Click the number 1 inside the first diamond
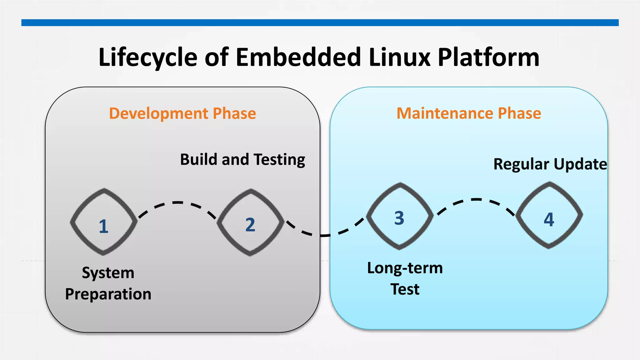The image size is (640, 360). coord(103,226)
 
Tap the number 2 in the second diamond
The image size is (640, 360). coord(250,225)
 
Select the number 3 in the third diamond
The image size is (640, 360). coord(399,218)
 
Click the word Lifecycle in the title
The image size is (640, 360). coord(148,57)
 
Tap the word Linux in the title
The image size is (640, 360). coord(399,57)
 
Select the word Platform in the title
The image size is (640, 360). coord(488,57)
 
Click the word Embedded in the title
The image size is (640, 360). coord(298,57)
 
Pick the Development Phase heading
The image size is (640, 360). coord(182,113)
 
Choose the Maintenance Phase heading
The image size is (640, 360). coord(469,113)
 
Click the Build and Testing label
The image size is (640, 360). coord(242,160)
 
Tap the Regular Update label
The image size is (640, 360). coord(550,164)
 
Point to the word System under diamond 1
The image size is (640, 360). coord(108,273)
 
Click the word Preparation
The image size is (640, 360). coord(108,294)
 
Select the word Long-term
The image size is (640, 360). coord(405,268)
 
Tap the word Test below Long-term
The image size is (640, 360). coord(405,289)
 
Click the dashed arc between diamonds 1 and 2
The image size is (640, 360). coord(177,203)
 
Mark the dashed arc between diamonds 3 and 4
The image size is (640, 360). coord(476,199)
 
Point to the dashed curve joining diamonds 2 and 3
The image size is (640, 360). coord(325,235)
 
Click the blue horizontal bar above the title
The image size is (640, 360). coord(320,22)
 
